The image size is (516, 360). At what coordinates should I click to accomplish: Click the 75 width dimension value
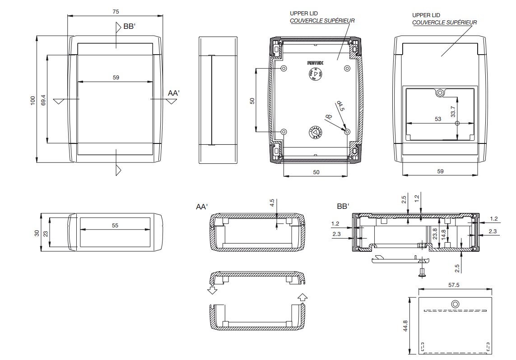pos(116,11)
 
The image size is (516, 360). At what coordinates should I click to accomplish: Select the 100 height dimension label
pos(33,100)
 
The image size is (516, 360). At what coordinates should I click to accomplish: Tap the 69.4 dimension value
pos(43,100)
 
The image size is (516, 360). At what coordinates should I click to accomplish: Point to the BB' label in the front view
pos(130,27)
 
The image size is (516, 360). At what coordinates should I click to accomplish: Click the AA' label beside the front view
pos(174,93)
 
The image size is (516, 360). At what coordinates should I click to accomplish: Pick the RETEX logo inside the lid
pos(315,63)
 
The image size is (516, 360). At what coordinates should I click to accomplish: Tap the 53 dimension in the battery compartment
pos(437,119)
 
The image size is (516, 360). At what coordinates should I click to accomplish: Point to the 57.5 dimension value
pos(454,285)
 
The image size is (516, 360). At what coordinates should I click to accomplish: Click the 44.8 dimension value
pos(405,326)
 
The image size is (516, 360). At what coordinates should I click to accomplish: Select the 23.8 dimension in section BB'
pos(435,233)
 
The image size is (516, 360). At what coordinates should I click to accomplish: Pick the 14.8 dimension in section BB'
pos(444,235)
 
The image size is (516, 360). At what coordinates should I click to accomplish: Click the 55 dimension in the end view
pos(115,225)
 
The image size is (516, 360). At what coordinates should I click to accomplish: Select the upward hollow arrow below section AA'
pos(302,296)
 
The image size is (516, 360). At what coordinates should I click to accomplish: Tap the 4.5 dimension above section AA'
pos(272,203)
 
